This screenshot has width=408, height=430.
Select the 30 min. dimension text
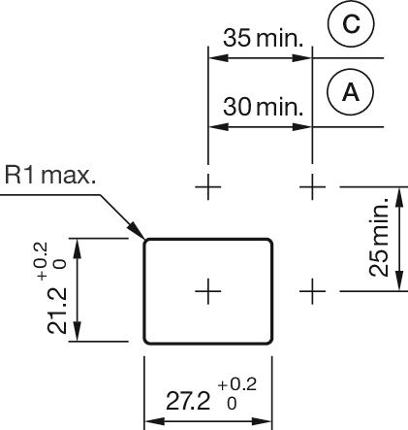[x=264, y=105]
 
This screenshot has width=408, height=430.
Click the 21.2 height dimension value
[x=59, y=311]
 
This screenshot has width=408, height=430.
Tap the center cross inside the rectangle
[x=208, y=289]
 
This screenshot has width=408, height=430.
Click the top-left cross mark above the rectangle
[x=208, y=184]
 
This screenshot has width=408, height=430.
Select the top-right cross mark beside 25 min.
[x=312, y=184]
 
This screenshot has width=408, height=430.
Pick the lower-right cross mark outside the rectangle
[x=312, y=289]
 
